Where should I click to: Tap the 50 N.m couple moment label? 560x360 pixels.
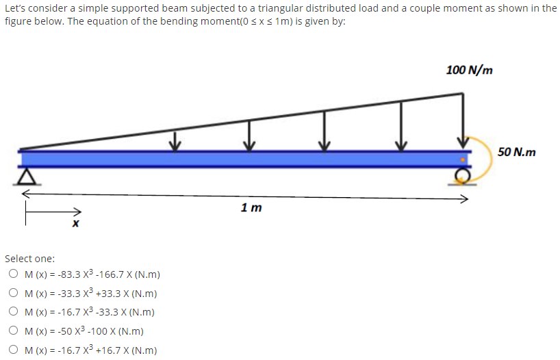(517, 151)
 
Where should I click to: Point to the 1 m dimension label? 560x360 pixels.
(251, 207)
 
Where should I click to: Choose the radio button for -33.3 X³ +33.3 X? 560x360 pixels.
(14, 294)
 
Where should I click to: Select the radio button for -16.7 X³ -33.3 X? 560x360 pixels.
(14, 312)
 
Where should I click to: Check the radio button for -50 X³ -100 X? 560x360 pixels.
(14, 331)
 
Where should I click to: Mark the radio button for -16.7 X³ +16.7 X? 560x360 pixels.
(14, 350)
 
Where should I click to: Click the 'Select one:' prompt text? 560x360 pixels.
(30, 259)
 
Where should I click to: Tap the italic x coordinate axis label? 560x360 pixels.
(76, 224)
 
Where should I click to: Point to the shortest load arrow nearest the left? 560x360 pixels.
(175, 140)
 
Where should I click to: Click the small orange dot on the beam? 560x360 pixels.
(463, 159)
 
